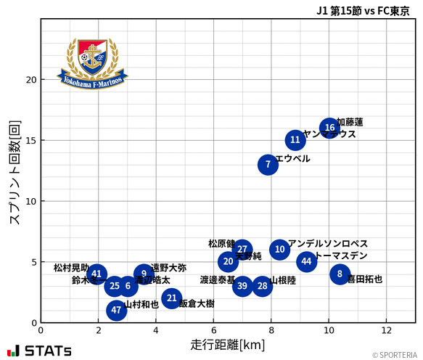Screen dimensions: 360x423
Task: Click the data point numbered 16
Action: [330, 128]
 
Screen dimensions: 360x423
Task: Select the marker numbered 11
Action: [295, 140]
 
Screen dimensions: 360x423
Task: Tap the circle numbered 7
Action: [268, 165]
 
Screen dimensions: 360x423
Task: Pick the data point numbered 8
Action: [340, 274]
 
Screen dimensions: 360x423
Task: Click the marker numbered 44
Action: [306, 261]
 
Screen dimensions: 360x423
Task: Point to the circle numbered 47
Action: [116, 311]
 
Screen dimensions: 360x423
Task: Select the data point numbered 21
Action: [171, 298]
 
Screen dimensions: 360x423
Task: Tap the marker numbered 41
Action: [97, 274]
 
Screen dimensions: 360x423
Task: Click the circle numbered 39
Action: [242, 286]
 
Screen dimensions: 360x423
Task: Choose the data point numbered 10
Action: [280, 250]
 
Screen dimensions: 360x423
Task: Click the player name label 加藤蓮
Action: [350, 122]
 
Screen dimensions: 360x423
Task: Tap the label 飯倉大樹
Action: [197, 304]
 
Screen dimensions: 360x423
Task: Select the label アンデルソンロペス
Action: [328, 244]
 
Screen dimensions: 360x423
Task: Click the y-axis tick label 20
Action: [29, 80]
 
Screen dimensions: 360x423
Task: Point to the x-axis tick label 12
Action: [386, 330]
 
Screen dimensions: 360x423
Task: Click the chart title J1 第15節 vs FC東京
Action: [362, 10]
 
